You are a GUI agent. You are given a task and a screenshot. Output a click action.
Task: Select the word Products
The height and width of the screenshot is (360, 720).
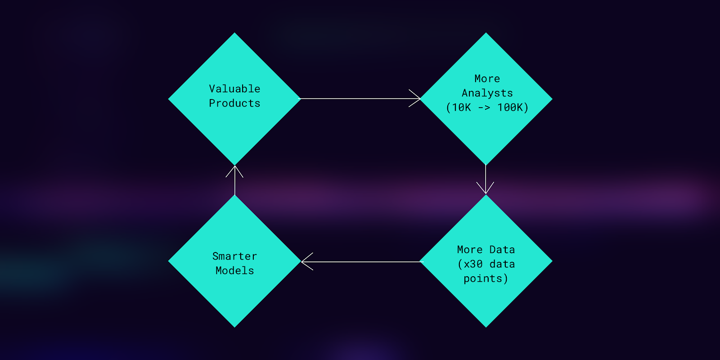click(x=234, y=103)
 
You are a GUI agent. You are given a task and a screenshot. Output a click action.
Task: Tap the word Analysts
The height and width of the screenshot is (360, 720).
click(x=487, y=93)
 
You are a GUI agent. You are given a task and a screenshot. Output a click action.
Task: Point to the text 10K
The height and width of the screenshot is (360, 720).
click(x=461, y=108)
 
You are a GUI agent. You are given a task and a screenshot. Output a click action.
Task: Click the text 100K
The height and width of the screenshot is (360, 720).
click(x=510, y=108)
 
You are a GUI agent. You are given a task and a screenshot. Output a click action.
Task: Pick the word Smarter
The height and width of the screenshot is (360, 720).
click(x=234, y=256)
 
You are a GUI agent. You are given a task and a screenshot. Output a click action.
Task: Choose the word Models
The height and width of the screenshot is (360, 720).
click(x=234, y=270)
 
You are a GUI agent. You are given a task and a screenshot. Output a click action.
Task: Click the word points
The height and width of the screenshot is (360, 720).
click(x=483, y=279)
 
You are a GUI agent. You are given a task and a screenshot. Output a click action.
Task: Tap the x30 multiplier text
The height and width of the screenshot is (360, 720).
click(x=473, y=264)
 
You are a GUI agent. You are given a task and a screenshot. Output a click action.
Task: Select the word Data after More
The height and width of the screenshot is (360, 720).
click(x=502, y=250)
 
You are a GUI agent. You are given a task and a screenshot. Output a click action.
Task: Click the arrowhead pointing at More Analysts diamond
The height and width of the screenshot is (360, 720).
click(x=417, y=98)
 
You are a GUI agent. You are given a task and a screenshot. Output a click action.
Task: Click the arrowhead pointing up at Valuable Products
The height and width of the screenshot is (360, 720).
click(x=234, y=169)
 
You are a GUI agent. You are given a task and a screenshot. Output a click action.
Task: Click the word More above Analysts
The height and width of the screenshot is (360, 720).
click(x=487, y=79)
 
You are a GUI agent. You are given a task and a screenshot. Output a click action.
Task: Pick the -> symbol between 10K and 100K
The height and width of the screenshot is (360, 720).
click(x=484, y=108)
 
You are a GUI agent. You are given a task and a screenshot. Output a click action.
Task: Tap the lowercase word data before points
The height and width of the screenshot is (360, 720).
click(x=502, y=264)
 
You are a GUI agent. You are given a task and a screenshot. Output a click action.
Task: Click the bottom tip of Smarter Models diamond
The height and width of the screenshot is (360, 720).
click(x=234, y=326)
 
